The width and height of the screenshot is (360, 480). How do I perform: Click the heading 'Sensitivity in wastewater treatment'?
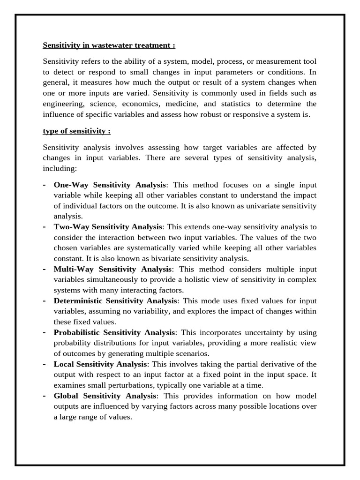[x=109, y=45]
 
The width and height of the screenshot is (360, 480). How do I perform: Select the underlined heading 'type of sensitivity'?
[x=76, y=131]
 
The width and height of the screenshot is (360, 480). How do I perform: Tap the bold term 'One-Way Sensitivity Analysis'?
[x=110, y=185]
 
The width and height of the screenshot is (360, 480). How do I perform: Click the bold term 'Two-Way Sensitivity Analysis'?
[x=107, y=227]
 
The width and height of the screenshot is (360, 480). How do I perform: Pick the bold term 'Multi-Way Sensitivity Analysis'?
[x=113, y=269]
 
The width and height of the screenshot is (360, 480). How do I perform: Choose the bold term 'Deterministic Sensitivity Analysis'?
[x=115, y=301]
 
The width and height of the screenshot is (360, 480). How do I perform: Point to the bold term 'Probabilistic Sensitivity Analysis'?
[x=114, y=332]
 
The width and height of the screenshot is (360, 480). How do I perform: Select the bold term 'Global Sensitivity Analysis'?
[x=103, y=396]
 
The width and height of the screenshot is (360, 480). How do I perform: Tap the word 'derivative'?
[x=267, y=364]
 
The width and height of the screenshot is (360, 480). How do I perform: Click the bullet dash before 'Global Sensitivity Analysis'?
[x=44, y=396]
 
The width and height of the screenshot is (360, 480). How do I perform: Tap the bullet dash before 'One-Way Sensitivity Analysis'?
[x=44, y=185]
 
